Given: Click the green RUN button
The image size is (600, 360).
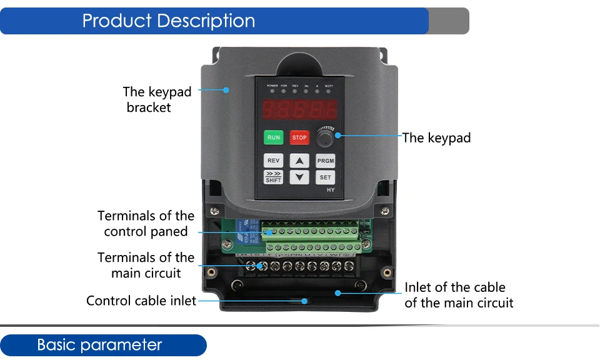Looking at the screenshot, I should (274, 137).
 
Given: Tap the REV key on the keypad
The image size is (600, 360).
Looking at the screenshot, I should (274, 161).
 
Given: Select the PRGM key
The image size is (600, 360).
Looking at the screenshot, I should (326, 161).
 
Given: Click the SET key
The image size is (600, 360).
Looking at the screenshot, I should (326, 177).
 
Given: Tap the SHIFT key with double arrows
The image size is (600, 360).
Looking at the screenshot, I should (274, 177).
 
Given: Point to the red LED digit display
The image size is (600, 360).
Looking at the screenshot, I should (300, 110).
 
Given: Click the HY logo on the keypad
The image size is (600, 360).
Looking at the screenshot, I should (331, 190).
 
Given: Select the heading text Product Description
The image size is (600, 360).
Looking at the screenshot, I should (169, 21).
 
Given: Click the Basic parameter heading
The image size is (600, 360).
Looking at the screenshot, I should (99, 345).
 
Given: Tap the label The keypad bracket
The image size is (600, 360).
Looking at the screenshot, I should (157, 99).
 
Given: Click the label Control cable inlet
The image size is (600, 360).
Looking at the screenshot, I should (141, 301).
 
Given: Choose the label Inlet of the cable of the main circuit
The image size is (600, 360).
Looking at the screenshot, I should (459, 295).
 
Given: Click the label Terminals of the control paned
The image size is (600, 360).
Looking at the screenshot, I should (146, 224).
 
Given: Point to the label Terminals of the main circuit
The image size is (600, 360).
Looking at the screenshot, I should (146, 265).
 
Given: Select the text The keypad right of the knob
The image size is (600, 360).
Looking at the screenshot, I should (436, 137).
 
